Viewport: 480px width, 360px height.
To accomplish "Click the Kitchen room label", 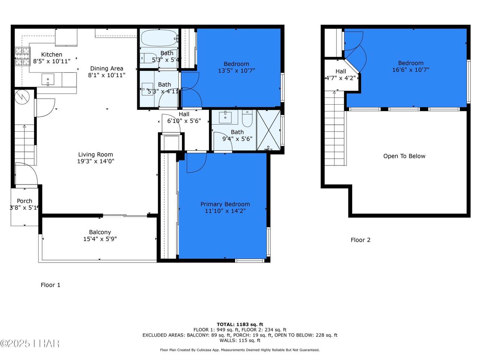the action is (52, 54).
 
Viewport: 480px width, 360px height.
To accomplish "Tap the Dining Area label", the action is (107, 68).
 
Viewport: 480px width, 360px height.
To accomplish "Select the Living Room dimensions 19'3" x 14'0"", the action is (96, 161).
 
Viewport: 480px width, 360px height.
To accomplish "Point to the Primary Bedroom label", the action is (225, 204).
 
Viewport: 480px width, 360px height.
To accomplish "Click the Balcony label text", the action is (100, 232).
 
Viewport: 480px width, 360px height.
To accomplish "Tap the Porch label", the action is (24, 201).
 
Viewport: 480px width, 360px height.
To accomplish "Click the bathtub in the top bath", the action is (159, 38).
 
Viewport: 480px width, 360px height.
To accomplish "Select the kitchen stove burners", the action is (22, 56).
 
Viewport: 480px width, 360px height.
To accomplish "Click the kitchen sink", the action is (48, 79).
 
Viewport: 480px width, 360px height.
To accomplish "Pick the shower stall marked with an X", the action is (268, 130).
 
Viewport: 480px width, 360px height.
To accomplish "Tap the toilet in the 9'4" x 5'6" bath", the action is (247, 118).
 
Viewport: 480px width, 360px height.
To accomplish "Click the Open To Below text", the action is (404, 156).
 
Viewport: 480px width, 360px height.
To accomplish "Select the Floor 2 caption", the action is (360, 240).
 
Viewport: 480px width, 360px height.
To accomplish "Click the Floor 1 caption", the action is (50, 285).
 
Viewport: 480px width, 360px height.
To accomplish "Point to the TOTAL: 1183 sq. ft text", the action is (240, 324).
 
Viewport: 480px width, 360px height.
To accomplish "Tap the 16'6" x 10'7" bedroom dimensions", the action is (411, 70).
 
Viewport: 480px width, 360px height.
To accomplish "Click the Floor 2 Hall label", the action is (341, 71).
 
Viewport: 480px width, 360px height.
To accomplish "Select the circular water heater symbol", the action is (22, 97).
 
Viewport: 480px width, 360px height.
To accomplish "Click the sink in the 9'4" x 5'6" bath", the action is (225, 118).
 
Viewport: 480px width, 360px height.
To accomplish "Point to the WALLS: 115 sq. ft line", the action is (240, 340).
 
